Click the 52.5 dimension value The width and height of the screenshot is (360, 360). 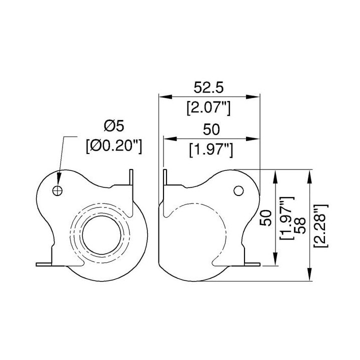[208, 87]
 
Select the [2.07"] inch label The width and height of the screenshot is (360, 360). [208, 108]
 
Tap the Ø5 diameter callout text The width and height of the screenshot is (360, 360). [114, 126]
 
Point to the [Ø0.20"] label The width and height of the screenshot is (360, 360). [114, 146]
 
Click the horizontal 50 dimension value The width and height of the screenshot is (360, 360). [211, 129]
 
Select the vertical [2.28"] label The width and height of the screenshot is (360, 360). [321, 225]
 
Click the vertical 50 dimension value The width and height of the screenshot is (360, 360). [266, 218]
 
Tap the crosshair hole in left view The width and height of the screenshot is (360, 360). [57, 190]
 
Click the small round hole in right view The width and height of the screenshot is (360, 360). [238, 190]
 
